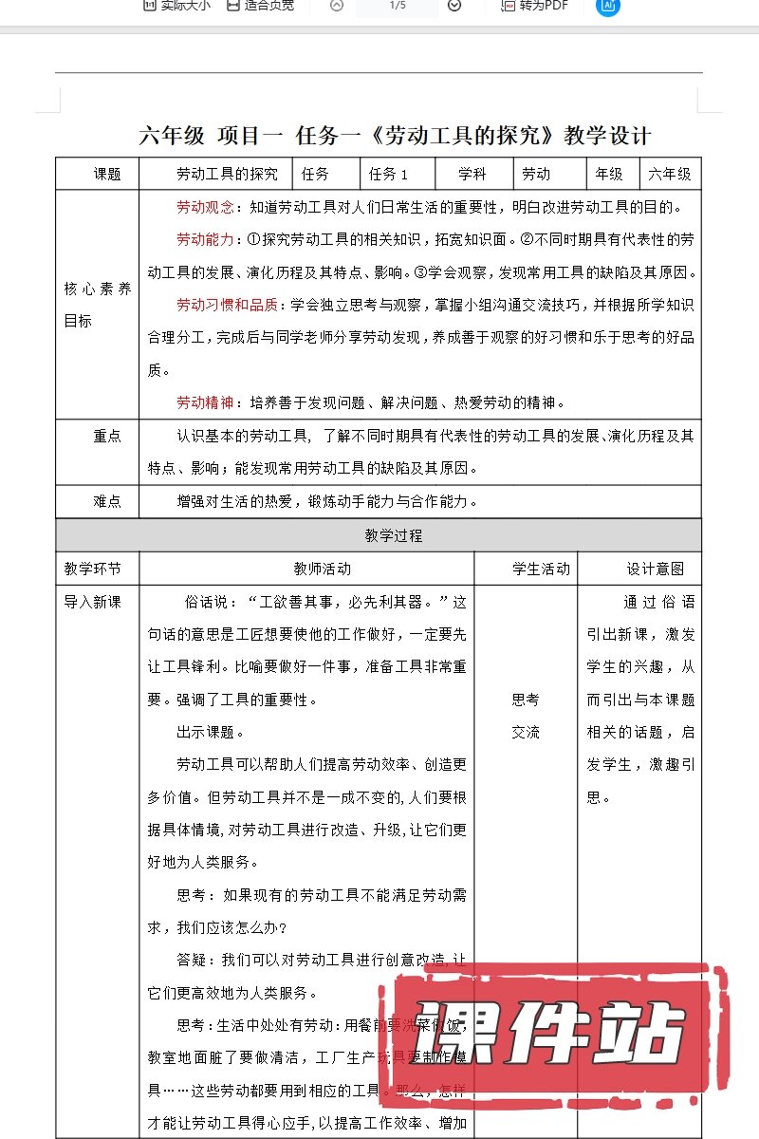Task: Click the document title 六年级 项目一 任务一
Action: (395, 135)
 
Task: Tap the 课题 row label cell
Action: (107, 174)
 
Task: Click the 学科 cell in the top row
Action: (472, 174)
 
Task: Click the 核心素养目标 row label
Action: (97, 305)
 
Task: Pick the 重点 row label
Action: (107, 436)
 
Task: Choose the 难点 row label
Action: (107, 501)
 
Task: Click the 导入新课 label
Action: (92, 602)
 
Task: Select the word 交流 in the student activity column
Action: (526, 732)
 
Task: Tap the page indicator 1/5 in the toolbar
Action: (398, 6)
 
